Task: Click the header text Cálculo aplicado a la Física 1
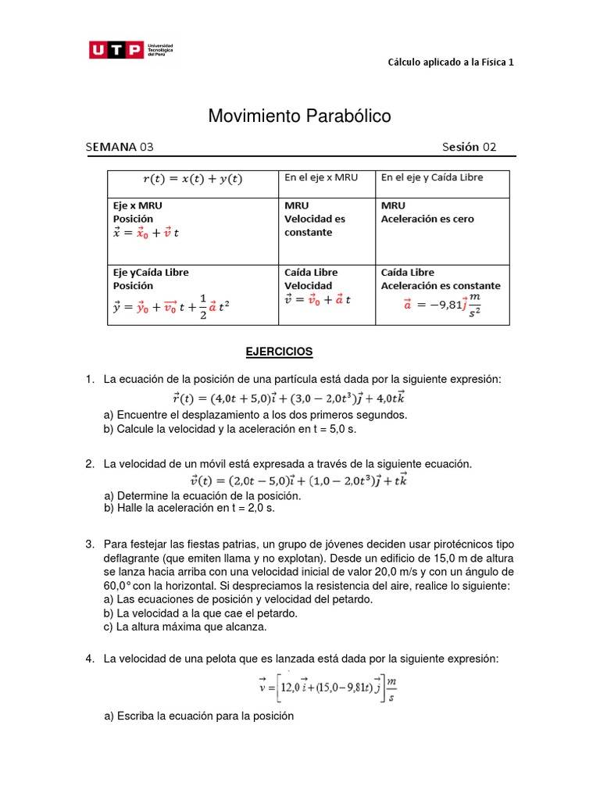(x=451, y=62)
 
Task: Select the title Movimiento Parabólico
(x=299, y=116)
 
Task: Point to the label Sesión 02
(x=469, y=147)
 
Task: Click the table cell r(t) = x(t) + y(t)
(x=192, y=179)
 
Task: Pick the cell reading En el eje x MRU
(x=320, y=177)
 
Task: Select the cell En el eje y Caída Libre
(x=431, y=177)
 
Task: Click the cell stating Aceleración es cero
(x=427, y=219)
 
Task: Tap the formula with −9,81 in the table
(x=442, y=305)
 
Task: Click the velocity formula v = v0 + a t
(x=317, y=300)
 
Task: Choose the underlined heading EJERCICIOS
(x=279, y=352)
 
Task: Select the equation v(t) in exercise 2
(x=299, y=480)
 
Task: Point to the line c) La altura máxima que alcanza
(x=185, y=627)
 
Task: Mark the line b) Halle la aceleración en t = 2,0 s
(x=189, y=508)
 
